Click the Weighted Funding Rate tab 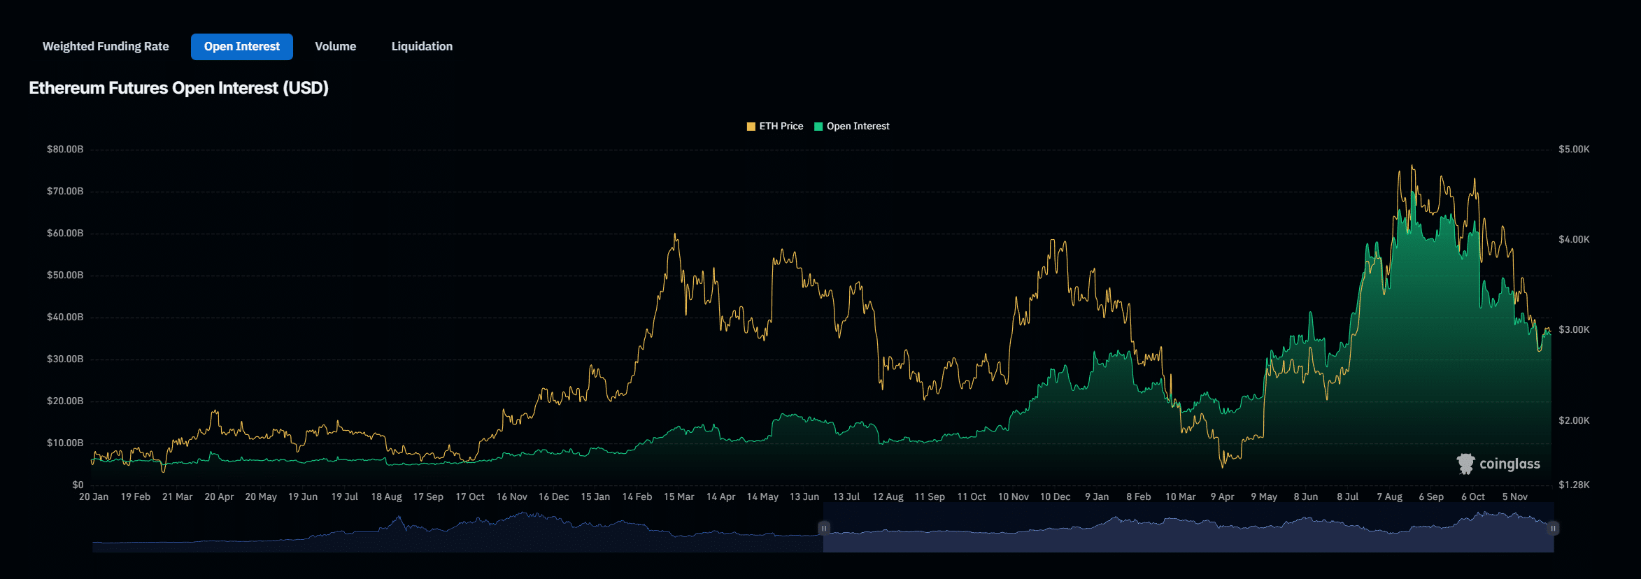[x=106, y=46]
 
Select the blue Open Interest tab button [x=241, y=46]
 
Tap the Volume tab [x=335, y=46]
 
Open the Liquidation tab [x=422, y=46]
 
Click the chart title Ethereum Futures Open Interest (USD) [x=178, y=88]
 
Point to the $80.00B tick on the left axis [x=65, y=149]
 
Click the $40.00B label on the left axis [x=65, y=317]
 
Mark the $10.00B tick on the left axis [x=65, y=443]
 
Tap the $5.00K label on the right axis [x=1574, y=149]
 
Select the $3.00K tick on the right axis [x=1574, y=329]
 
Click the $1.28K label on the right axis [x=1574, y=485]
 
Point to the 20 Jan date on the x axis [x=94, y=496]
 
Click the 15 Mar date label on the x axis [x=679, y=496]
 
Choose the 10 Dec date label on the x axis [x=1055, y=496]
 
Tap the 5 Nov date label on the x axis [x=1514, y=496]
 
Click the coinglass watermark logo [x=1498, y=464]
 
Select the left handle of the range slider [x=824, y=528]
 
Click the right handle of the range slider [x=1553, y=528]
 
